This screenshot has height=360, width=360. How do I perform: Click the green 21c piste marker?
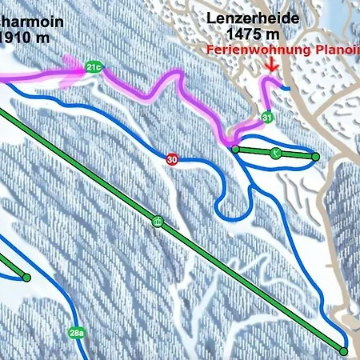(x=94, y=67)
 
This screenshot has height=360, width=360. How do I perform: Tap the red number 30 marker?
(x=172, y=159)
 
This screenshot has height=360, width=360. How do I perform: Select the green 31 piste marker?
(x=266, y=118)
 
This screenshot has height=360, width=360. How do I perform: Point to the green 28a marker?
(x=77, y=333)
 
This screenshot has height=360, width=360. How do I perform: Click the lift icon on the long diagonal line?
(x=158, y=222)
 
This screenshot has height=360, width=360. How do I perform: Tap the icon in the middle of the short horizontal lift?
(x=275, y=152)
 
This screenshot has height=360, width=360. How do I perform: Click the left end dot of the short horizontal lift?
(x=234, y=148)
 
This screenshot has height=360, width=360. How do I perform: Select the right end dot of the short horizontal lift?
(x=315, y=157)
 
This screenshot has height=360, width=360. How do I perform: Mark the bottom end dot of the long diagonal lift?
(x=344, y=350)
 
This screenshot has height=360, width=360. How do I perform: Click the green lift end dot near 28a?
(x=26, y=278)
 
